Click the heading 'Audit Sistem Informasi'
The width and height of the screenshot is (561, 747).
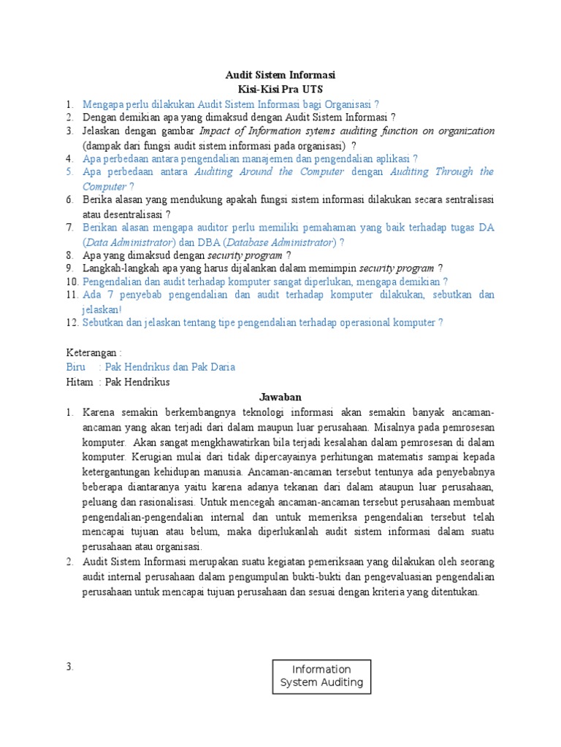[x=280, y=75]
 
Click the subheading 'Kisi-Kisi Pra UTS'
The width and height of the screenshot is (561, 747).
[x=280, y=89]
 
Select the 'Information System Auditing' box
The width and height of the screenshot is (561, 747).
[x=321, y=676]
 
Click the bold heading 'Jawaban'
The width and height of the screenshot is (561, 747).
[x=280, y=398]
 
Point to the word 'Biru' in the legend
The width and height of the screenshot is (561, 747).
[x=76, y=367]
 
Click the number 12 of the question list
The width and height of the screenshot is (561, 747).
[x=72, y=322]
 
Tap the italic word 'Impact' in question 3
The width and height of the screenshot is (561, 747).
[x=217, y=131]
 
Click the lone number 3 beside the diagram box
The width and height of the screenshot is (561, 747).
[x=70, y=666]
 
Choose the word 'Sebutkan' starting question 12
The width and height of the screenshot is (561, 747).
[x=103, y=322]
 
